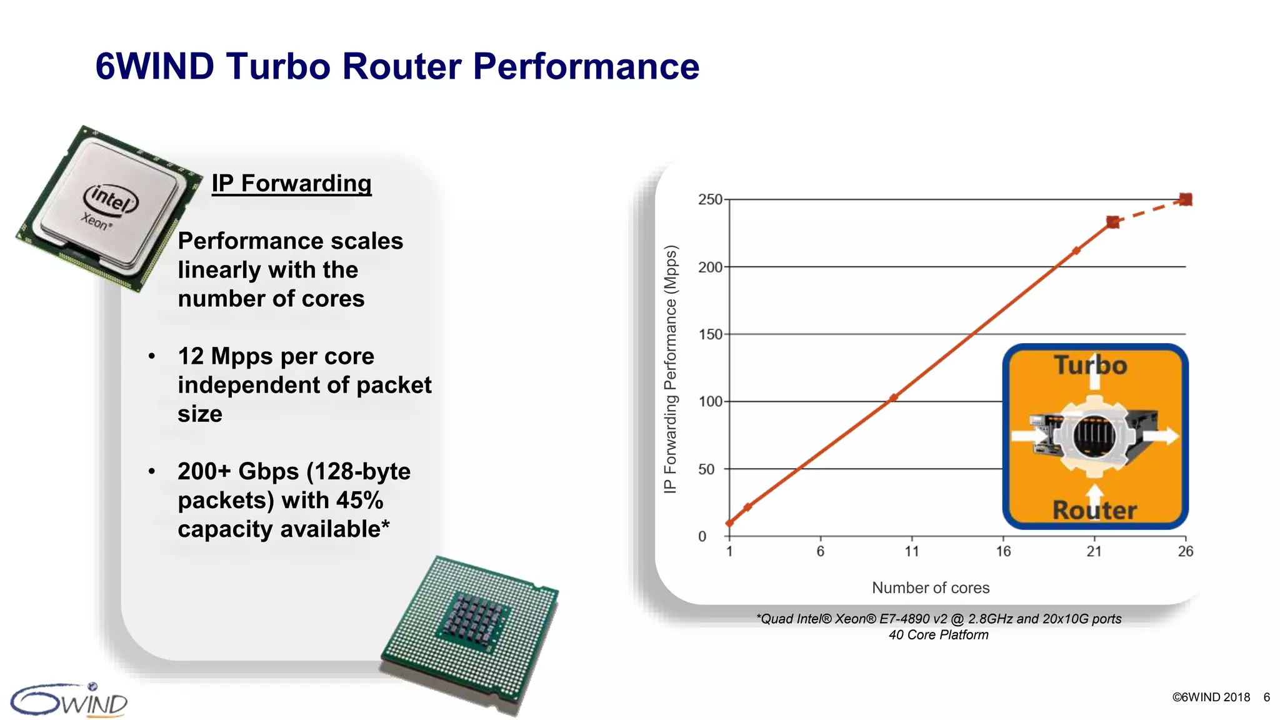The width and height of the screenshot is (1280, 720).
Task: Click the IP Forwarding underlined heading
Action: tap(291, 184)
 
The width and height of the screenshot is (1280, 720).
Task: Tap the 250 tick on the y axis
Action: tap(710, 199)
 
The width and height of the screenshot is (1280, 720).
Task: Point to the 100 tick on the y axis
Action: tap(710, 401)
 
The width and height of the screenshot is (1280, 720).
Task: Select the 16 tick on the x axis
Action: tap(1003, 551)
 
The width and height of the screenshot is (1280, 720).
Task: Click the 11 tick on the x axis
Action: tap(912, 551)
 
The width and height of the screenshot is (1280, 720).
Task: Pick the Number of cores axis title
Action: tap(931, 587)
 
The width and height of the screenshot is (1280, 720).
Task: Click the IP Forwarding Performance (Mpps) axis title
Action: tap(671, 369)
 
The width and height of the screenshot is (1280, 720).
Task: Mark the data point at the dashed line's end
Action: tap(1186, 199)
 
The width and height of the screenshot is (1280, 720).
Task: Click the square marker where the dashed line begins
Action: tap(1113, 222)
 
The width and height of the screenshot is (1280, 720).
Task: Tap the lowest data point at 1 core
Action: tap(729, 523)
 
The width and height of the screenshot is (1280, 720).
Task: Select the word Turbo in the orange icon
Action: tap(1091, 366)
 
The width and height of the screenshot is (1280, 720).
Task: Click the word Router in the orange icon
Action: tap(1094, 510)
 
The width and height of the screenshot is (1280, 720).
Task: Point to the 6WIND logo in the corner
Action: tap(69, 701)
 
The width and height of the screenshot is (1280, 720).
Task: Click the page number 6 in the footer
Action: tap(1266, 697)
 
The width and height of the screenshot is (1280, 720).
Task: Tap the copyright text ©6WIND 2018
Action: tap(1211, 697)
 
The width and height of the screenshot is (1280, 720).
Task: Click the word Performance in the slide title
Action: tap(586, 66)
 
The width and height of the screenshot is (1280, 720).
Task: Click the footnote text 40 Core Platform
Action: tap(939, 635)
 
